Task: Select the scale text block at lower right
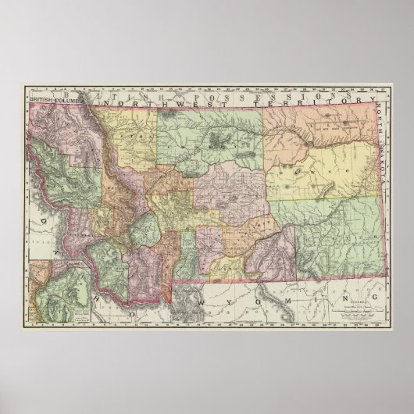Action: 355,309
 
